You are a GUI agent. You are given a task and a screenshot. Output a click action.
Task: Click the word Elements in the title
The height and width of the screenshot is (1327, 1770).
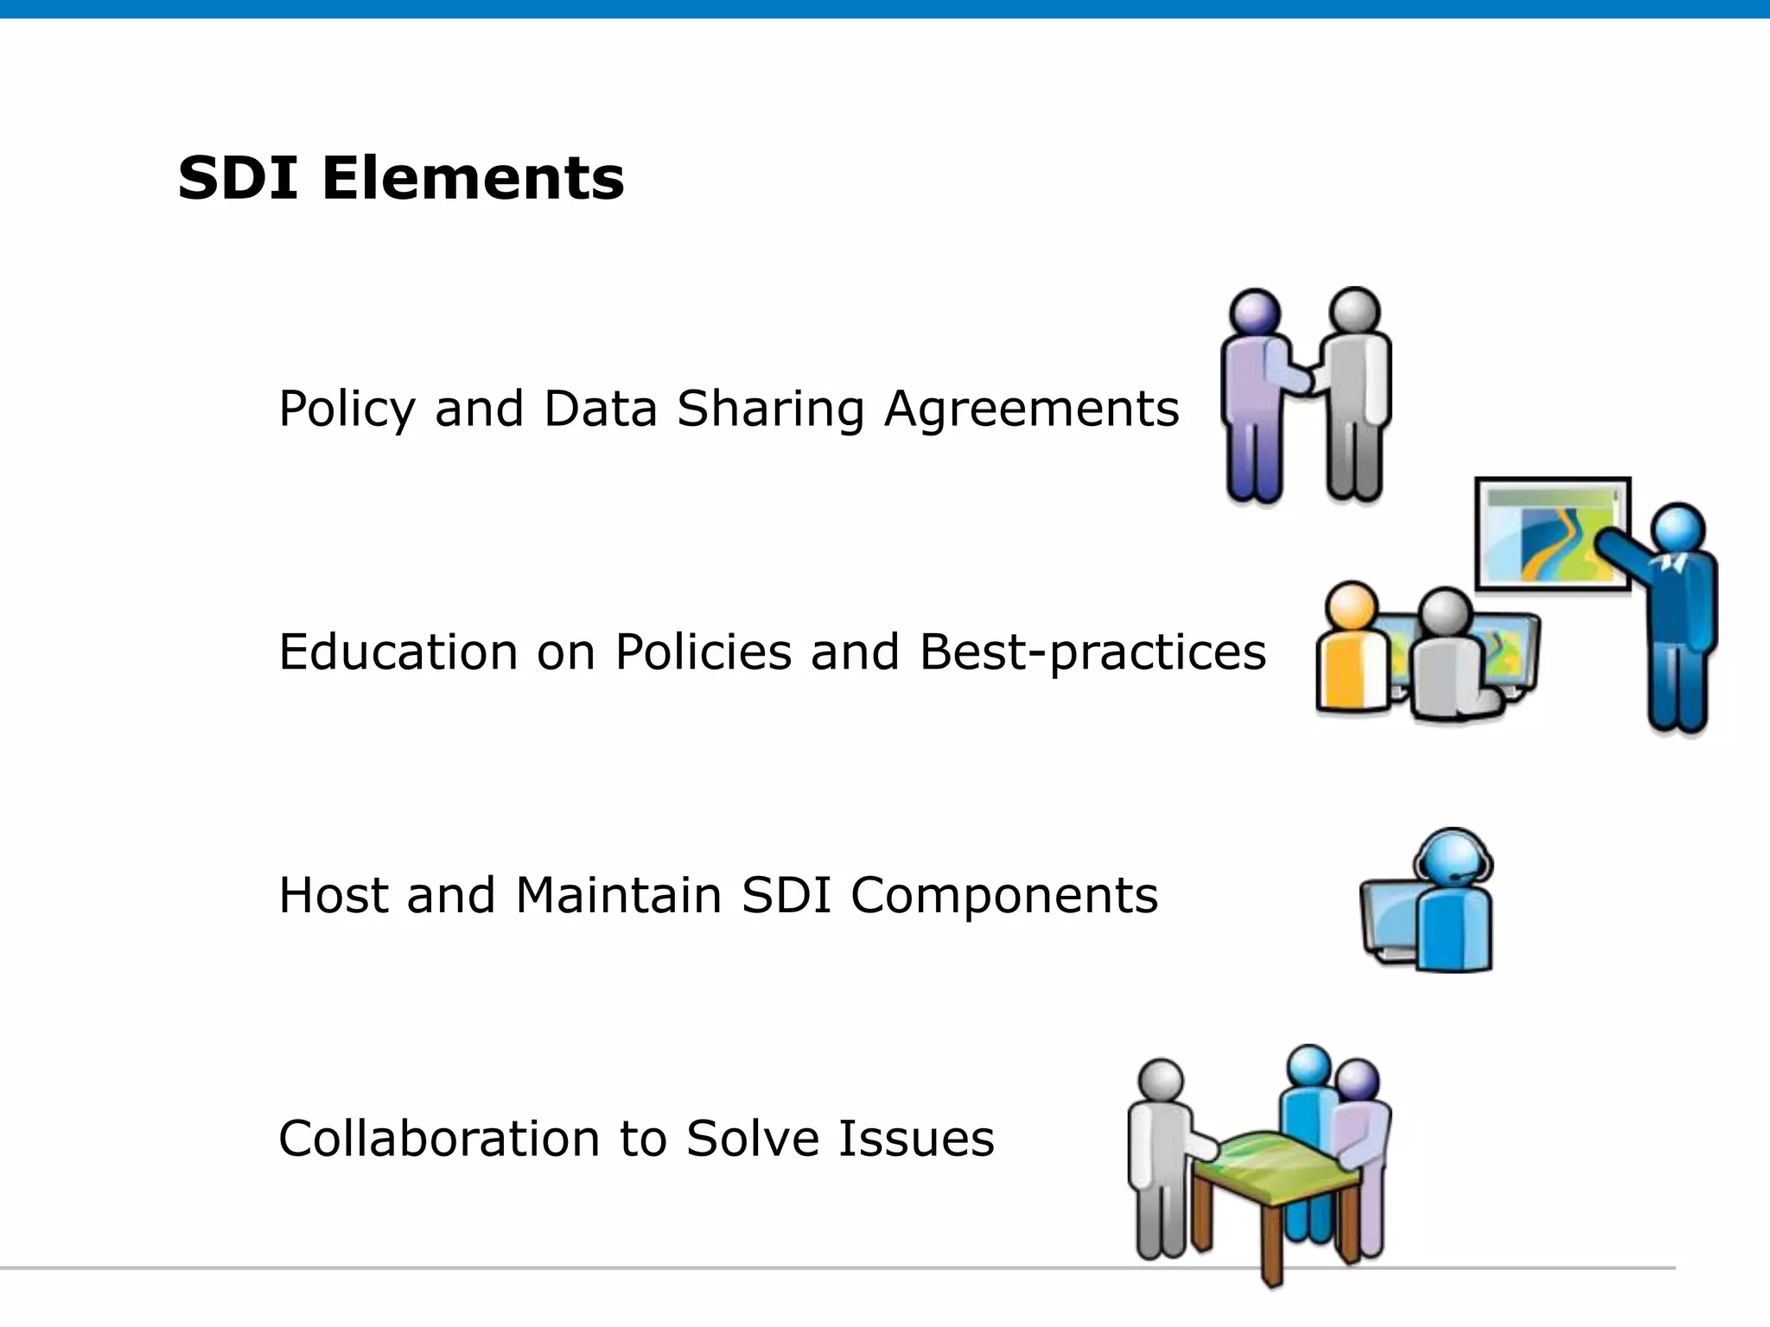[473, 179]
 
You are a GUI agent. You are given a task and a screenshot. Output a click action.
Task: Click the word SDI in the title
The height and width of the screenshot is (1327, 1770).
[238, 179]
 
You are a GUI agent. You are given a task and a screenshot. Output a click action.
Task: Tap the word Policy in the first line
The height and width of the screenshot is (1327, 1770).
[347, 410]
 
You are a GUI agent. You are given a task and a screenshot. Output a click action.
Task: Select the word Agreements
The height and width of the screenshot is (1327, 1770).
[1031, 410]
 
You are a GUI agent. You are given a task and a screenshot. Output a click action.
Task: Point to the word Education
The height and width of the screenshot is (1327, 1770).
[398, 652]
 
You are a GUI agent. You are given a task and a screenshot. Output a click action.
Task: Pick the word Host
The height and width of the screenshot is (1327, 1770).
[333, 895]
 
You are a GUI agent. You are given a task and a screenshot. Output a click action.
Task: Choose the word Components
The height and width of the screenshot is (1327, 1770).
[1004, 897]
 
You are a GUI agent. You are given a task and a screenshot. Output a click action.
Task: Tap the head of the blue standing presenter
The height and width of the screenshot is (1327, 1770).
[1678, 529]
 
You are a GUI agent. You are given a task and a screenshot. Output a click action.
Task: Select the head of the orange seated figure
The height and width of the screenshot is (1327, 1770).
[1351, 606]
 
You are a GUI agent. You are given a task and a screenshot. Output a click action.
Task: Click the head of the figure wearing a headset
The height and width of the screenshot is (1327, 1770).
[1453, 857]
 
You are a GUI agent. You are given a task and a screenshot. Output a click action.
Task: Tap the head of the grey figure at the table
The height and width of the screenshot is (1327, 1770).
[1161, 1083]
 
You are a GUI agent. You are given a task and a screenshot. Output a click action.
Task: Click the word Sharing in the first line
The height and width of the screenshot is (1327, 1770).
[770, 410]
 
